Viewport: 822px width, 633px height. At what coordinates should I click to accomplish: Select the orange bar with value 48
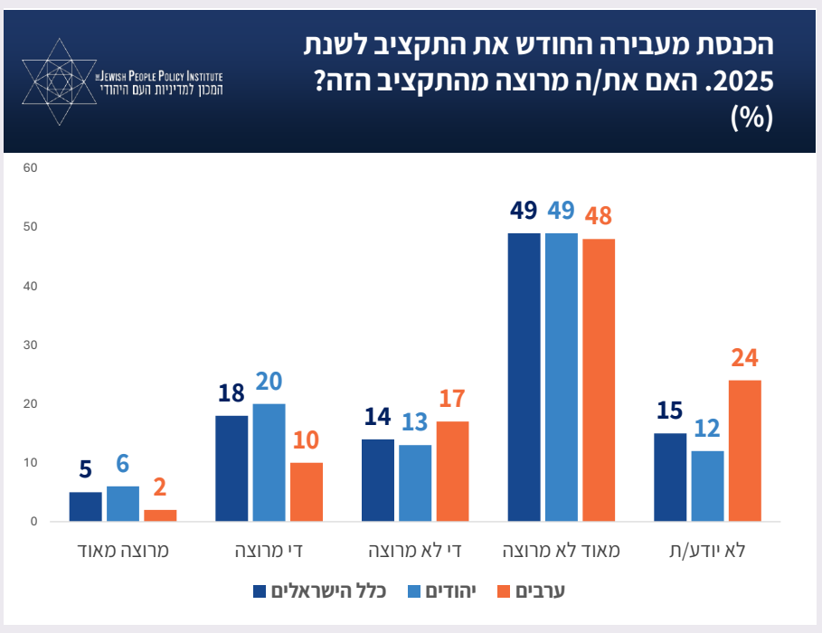pos(599,380)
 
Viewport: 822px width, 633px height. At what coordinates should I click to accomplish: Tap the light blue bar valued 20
pos(269,462)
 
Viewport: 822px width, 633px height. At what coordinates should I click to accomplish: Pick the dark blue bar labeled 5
pos(86,506)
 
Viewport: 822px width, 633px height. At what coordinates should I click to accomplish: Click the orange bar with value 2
pos(160,515)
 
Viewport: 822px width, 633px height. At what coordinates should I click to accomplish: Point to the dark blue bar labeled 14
pos(378,480)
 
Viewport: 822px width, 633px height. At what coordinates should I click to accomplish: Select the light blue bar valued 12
pos(707,486)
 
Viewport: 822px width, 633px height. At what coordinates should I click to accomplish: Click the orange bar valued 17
pos(452,471)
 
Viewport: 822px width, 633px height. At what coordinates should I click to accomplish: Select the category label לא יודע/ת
pos(707,550)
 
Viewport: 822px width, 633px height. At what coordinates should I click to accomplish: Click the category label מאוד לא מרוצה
pos(562,550)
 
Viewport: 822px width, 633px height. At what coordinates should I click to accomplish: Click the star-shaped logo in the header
pos(61,82)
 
